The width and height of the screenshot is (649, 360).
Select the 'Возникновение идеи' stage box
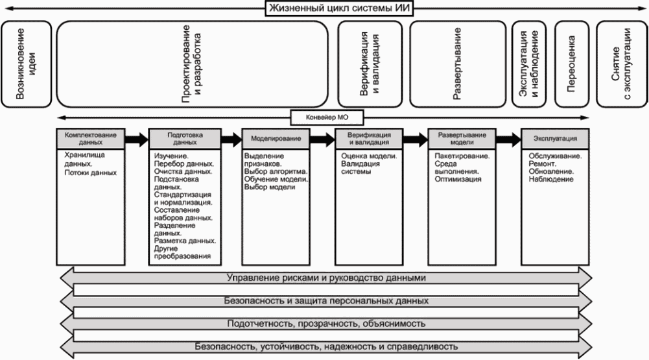coord(26,64)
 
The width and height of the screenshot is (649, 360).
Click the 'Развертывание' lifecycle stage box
coord(457,64)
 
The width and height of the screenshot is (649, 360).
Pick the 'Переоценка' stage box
coord(571,64)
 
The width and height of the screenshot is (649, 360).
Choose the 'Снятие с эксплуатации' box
coord(621,64)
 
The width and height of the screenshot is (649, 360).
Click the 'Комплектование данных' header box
coord(91,138)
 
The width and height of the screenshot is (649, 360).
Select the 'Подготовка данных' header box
coord(183,138)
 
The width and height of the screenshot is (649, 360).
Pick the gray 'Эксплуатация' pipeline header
coord(555,138)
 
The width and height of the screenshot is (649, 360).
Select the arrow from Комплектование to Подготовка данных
coord(137,138)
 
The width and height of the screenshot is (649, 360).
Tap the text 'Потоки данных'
coord(90,173)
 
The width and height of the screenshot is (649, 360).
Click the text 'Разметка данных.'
coord(185,240)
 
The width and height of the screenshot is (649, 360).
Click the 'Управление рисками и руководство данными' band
coord(326,278)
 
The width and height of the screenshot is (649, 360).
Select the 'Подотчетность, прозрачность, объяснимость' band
coord(326,323)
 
